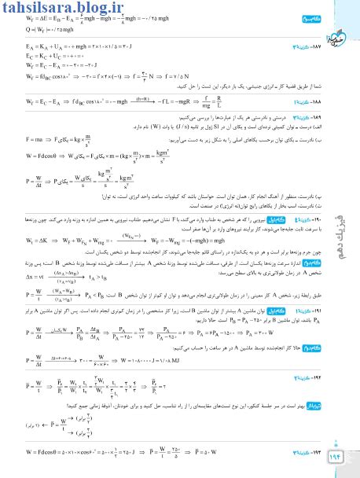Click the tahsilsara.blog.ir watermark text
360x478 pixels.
[63, 9]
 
